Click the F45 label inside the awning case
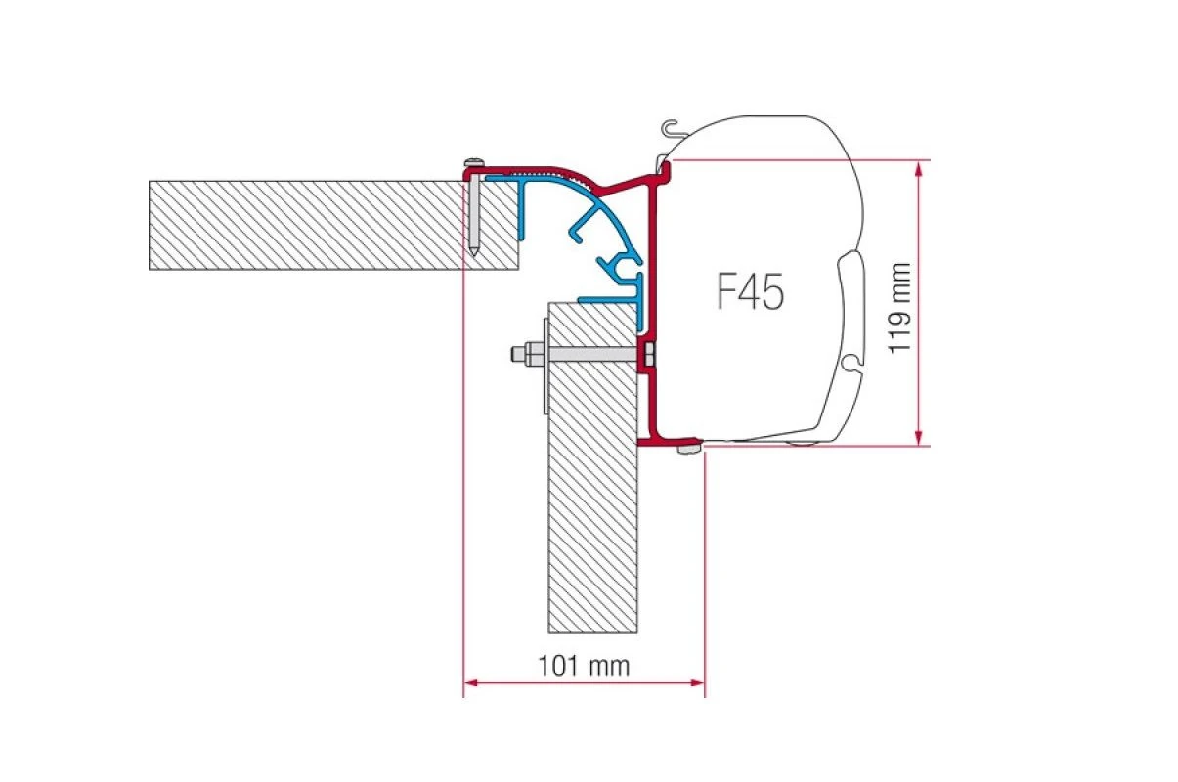click(x=751, y=291)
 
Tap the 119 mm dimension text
click(x=898, y=308)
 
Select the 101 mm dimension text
click(x=584, y=667)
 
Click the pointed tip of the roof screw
click(x=473, y=255)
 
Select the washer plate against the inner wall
click(x=545, y=367)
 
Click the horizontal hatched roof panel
click(x=333, y=225)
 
